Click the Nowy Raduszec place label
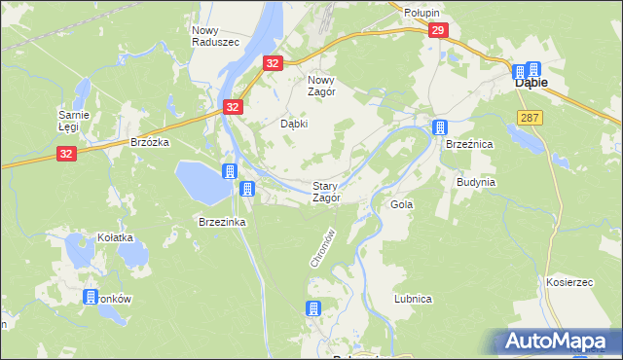click(209, 37)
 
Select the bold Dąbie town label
click(531, 84)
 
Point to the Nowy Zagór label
click(321, 87)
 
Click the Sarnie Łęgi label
click(74, 122)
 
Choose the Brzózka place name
click(150, 142)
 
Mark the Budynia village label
click(477, 182)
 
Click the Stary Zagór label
click(325, 192)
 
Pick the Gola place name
click(402, 205)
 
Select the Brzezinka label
click(222, 222)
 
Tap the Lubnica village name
click(413, 299)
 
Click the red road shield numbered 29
click(437, 32)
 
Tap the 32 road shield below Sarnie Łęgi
click(66, 154)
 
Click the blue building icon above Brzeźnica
click(440, 126)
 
